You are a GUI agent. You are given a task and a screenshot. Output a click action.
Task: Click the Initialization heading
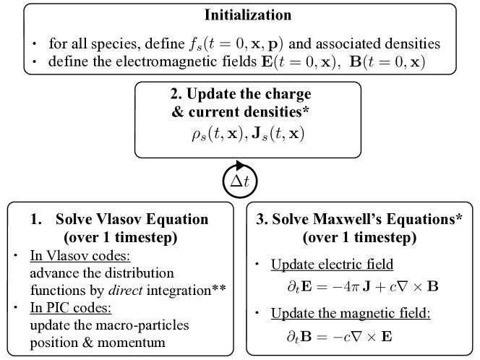(239, 15)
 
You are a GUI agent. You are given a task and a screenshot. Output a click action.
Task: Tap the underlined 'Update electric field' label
(322, 263)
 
